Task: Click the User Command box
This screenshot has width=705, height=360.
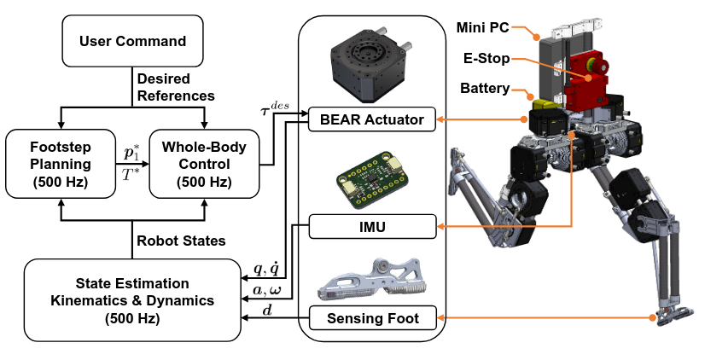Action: click(131, 42)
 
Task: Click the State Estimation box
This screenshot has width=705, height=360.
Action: click(131, 299)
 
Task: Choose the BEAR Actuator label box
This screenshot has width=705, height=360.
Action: click(371, 119)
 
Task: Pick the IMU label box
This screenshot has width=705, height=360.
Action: click(371, 227)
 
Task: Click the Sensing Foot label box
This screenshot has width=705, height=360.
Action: click(371, 320)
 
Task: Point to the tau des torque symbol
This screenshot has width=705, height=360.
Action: click(273, 109)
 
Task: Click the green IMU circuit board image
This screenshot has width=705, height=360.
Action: click(371, 180)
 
